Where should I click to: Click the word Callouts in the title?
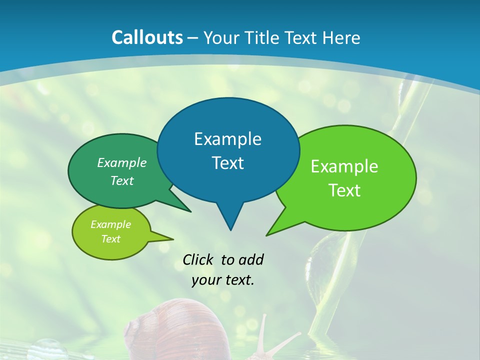pos(147,37)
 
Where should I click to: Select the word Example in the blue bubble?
pos(227,139)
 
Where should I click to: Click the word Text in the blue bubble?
pos(227,163)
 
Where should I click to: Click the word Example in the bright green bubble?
pos(344,166)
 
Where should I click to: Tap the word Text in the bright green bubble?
pos(344,190)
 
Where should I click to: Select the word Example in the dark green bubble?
pos(122,163)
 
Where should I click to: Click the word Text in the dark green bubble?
pos(122,181)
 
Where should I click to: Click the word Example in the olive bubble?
pos(110,224)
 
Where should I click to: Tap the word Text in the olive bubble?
pos(110,239)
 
